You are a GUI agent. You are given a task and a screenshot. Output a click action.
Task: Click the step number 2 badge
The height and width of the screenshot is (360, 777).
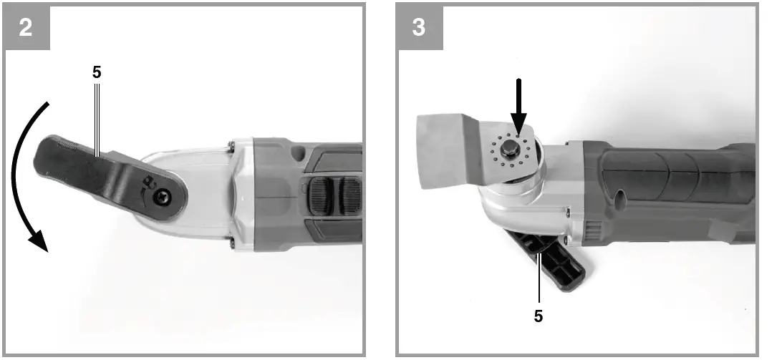pos(26,27)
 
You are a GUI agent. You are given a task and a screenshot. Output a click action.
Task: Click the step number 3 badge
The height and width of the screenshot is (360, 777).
pos(419,27)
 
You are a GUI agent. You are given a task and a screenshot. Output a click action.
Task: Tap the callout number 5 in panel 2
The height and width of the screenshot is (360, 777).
pos(97,72)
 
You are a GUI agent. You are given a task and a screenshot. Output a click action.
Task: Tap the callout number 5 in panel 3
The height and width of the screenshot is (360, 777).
pos(538,314)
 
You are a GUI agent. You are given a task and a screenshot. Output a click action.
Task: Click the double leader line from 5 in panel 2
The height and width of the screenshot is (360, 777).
pos(97,115)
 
